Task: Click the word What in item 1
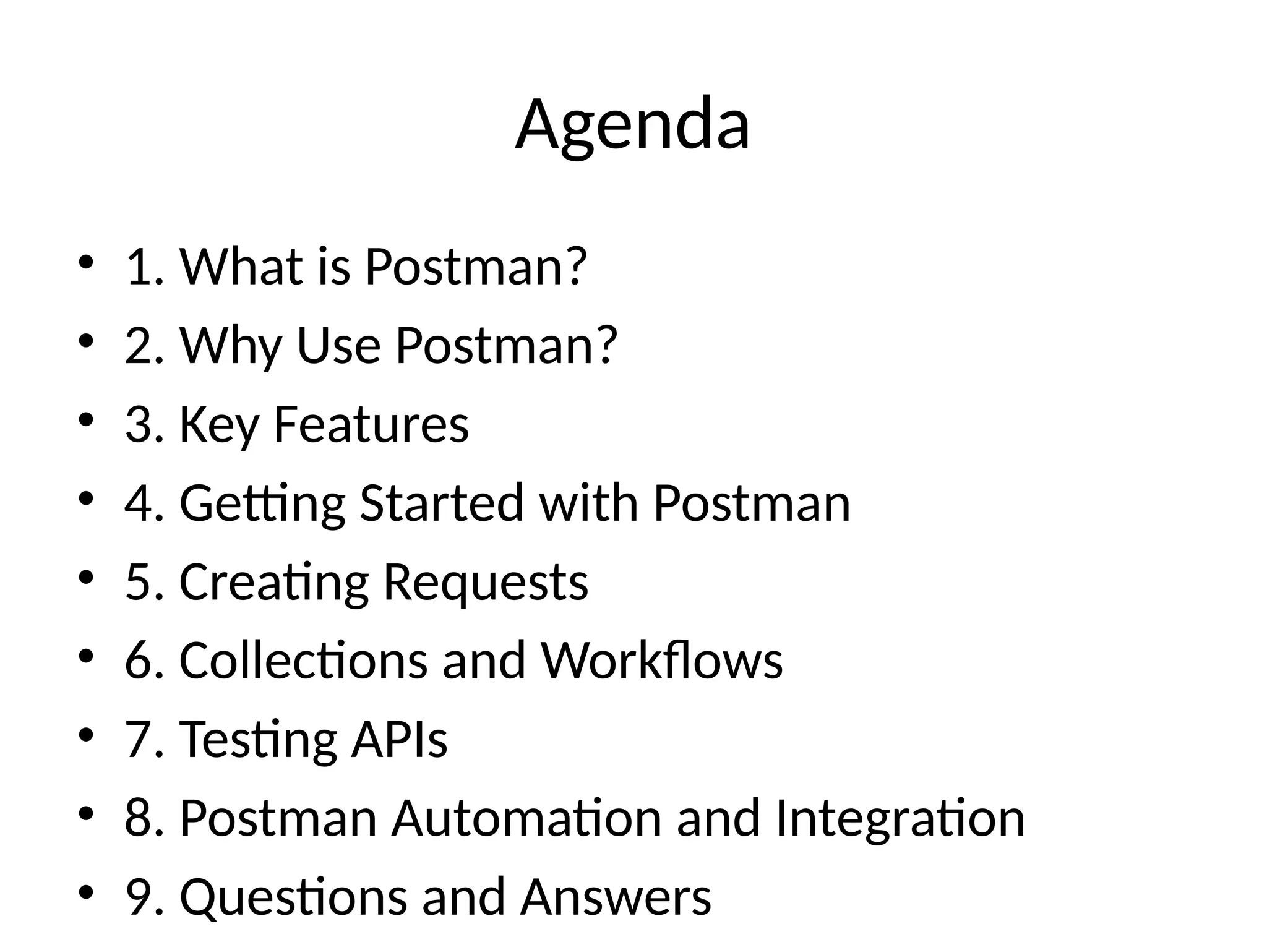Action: [241, 267]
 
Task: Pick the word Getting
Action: [262, 503]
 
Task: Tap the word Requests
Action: [486, 583]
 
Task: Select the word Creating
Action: [273, 583]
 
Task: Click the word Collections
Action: [303, 660]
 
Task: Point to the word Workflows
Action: [662, 660]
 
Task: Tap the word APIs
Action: [400, 739]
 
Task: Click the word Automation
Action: [526, 818]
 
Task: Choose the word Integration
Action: [900, 819]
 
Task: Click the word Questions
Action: [293, 897]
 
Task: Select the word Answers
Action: [616, 897]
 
